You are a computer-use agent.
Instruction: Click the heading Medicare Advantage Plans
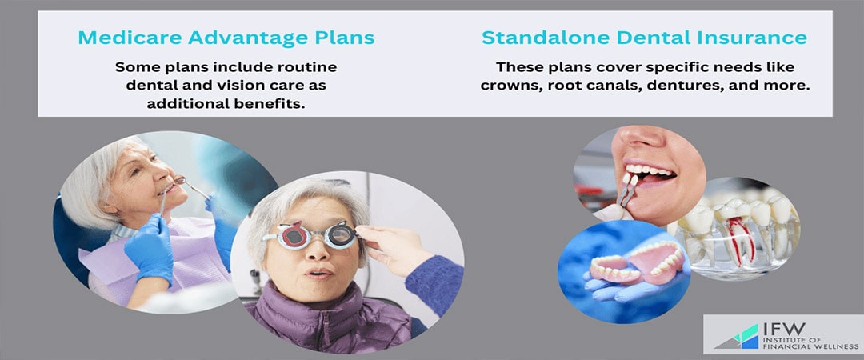click(x=226, y=38)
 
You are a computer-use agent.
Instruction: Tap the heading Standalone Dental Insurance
click(x=644, y=38)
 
